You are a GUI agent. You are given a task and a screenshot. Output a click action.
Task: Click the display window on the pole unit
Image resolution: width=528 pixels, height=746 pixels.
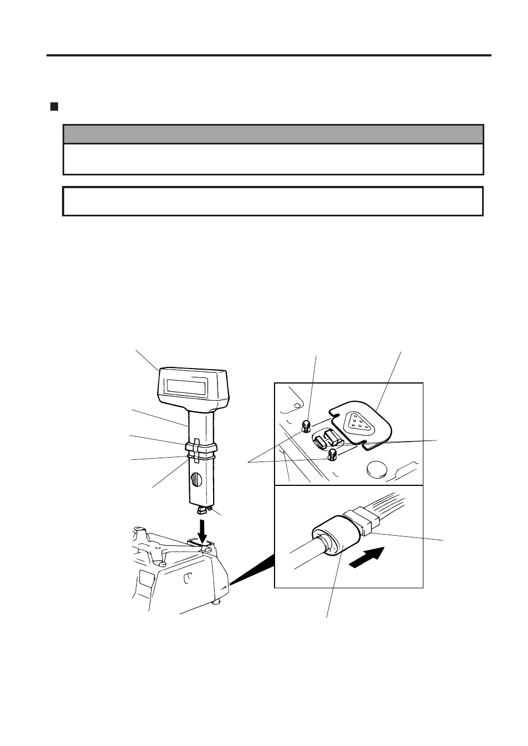[x=187, y=386]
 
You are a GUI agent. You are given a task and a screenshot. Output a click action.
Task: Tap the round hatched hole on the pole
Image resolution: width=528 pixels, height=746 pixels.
[x=196, y=478]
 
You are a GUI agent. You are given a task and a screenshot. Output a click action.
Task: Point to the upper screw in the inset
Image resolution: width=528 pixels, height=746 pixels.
[x=306, y=426]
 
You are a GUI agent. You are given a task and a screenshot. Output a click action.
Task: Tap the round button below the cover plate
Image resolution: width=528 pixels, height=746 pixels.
[x=377, y=469]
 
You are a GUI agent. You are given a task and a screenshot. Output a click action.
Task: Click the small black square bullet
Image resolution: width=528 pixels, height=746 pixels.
[x=54, y=106]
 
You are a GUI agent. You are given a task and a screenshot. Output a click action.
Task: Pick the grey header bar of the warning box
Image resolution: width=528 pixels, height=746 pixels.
[x=273, y=134]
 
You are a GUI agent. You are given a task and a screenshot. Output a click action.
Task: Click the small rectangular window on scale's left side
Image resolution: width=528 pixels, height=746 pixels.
[x=146, y=579]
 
